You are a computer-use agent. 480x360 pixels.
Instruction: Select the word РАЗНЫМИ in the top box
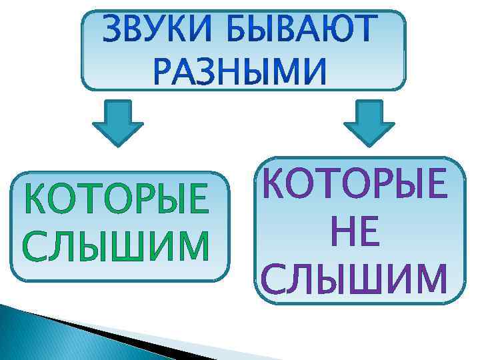pyautogui.click(x=243, y=71)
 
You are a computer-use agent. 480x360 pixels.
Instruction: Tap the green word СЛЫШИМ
pyautogui.click(x=115, y=245)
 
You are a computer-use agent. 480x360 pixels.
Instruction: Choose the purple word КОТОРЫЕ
pyautogui.click(x=353, y=183)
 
